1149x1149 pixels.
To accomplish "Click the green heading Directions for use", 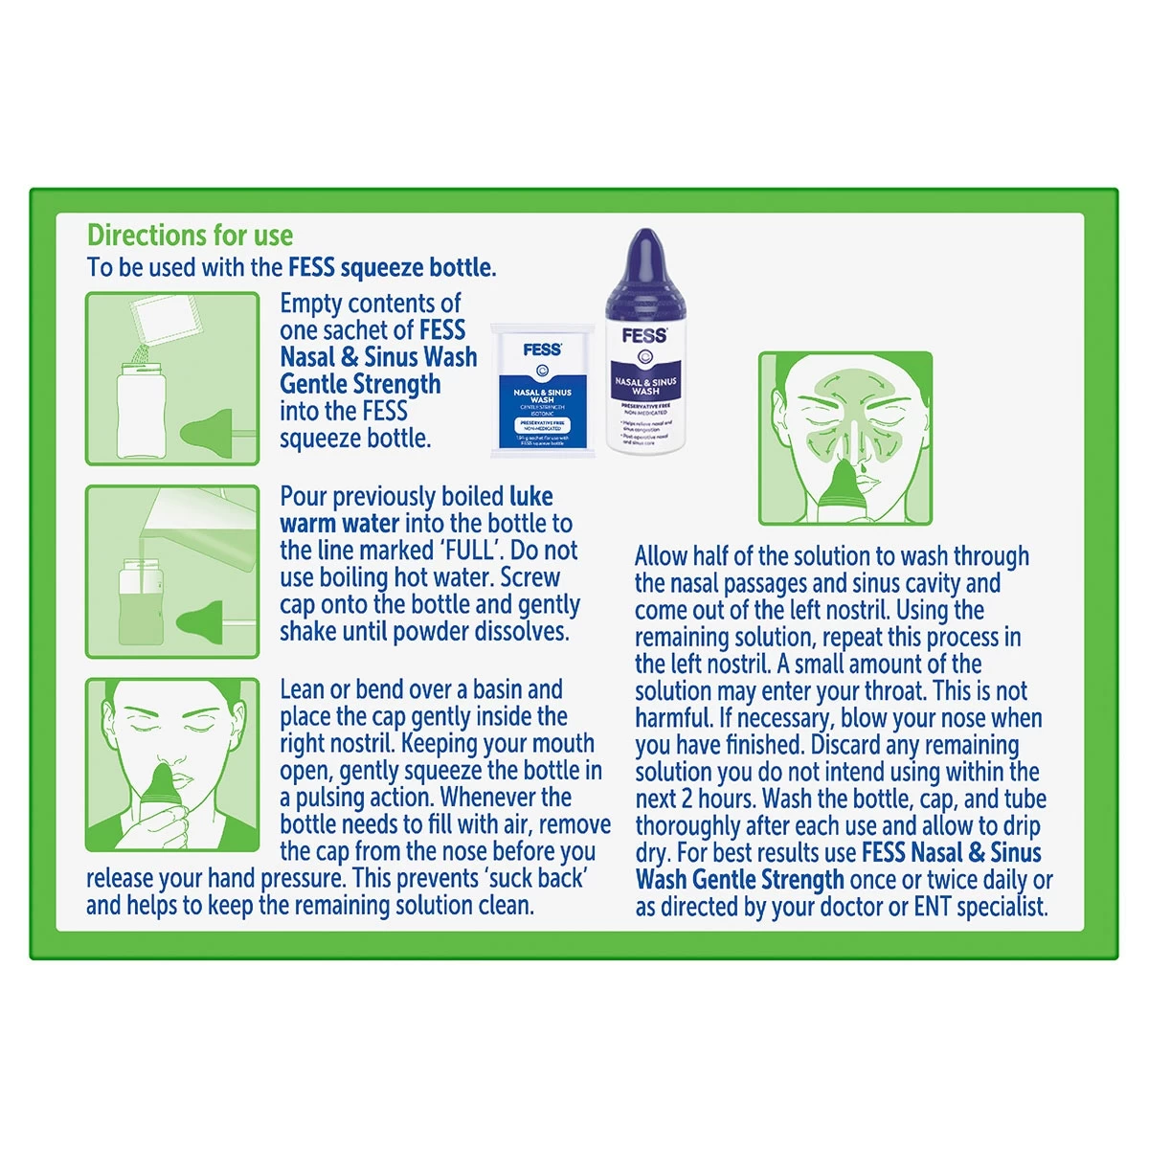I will tap(190, 236).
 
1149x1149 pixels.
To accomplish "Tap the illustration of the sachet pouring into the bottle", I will tap(172, 378).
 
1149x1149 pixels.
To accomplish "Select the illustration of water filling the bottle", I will tap(172, 572).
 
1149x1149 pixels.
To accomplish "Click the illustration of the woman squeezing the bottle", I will tap(172, 765).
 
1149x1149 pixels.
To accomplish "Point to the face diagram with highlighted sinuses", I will tap(845, 438).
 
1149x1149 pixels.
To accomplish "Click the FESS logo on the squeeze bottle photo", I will tap(644, 335).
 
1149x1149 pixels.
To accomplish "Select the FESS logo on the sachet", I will tap(542, 349).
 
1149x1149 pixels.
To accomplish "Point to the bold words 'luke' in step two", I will tap(531, 497).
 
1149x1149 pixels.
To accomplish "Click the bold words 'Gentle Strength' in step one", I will tap(360, 385).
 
